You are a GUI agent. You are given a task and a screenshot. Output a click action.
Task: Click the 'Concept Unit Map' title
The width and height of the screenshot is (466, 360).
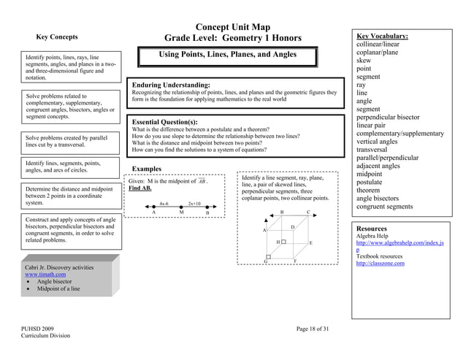click(233, 26)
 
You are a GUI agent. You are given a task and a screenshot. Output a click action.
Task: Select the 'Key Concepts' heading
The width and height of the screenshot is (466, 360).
click(57, 37)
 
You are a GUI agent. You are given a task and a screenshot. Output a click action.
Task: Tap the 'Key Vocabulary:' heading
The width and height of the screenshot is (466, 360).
click(382, 36)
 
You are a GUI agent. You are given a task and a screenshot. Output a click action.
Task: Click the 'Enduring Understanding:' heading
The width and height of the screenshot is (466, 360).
click(171, 85)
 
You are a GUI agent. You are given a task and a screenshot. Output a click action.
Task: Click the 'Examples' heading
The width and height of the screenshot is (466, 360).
click(148, 169)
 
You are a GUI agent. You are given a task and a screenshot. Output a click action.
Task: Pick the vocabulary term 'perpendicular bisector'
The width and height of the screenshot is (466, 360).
click(398, 117)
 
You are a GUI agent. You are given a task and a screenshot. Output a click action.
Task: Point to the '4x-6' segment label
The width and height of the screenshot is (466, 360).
click(164, 203)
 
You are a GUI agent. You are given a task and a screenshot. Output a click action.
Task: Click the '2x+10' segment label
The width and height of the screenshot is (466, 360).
click(194, 203)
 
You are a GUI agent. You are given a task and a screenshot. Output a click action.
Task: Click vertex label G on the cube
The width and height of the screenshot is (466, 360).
click(266, 261)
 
